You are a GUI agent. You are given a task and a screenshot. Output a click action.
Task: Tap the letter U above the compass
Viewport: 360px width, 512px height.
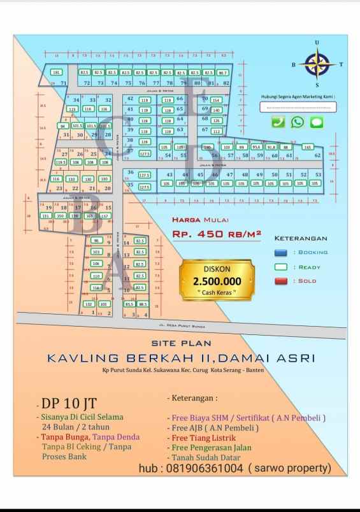click(x=317, y=43)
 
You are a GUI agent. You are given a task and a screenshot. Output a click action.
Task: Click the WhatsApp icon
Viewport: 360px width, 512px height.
click(x=298, y=122)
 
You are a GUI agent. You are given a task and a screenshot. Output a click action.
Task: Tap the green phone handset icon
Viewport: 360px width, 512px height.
click(x=278, y=122)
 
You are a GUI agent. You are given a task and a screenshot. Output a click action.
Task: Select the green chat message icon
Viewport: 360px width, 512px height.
click(x=317, y=122)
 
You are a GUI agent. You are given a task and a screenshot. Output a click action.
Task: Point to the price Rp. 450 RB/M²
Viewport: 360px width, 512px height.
click(x=217, y=234)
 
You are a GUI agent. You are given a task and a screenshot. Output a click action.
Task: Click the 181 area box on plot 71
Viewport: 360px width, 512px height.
click(x=56, y=73)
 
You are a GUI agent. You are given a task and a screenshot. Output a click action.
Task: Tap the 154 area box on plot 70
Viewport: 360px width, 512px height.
click(x=216, y=100)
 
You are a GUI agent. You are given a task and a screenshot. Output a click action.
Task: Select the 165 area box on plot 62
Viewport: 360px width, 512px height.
click(x=308, y=147)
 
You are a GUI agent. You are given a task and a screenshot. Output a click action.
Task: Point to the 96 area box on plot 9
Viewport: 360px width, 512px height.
click(x=96, y=240)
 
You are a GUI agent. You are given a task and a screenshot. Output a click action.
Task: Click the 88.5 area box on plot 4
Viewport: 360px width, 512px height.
click(x=143, y=304)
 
